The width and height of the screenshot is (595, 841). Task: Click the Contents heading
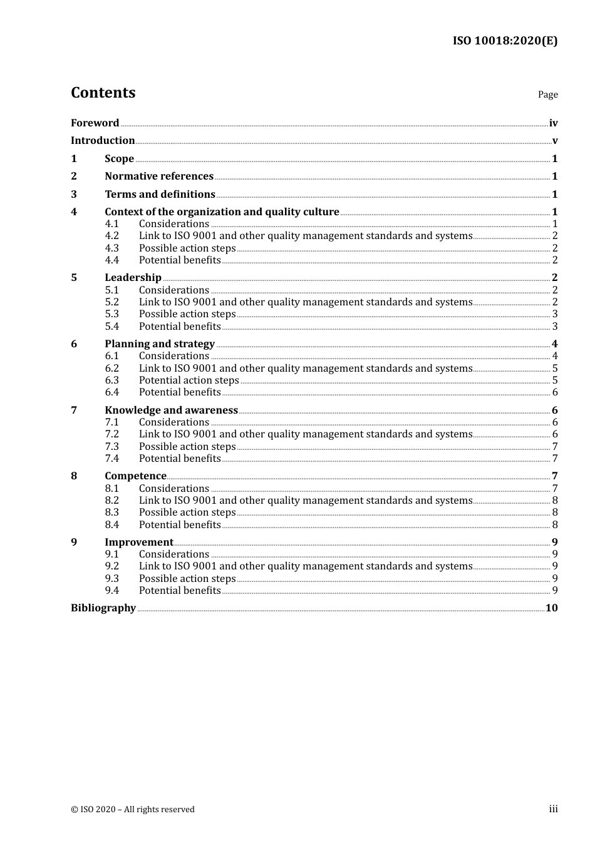103,93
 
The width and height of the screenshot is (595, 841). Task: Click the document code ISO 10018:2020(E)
505,41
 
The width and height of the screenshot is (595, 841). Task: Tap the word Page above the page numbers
547,94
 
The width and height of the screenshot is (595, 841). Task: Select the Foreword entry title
95,123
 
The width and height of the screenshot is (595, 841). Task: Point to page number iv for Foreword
553,123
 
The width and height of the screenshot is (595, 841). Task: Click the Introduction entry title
103,140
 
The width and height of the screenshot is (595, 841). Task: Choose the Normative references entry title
159,176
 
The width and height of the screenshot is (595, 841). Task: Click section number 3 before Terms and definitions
74,194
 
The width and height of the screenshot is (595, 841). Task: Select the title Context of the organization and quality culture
222,212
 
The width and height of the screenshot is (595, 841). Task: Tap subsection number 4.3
112,248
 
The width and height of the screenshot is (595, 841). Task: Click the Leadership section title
133,277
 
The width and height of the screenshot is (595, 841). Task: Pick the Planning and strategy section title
160,344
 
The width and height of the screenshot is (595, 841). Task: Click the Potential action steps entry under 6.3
189,380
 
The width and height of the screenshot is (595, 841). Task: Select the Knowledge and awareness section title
171,410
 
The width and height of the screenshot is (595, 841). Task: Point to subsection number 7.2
112,434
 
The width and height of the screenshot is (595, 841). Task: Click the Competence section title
135,476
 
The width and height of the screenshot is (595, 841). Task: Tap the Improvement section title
138,542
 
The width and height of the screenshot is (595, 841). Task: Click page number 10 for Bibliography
551,608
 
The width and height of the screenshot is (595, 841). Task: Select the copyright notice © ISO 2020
132,809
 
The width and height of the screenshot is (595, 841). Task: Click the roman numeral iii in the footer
553,809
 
